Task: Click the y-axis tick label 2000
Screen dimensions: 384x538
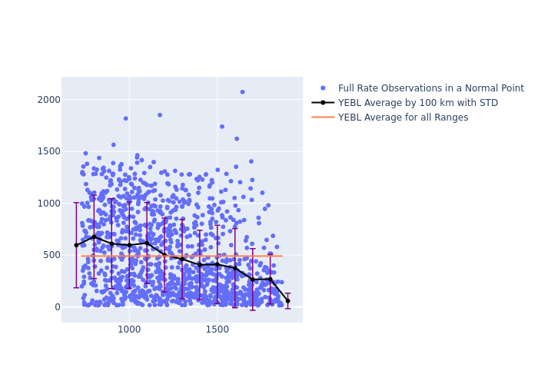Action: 42,99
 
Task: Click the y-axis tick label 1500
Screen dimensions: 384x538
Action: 42,151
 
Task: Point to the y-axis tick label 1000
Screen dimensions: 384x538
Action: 42,203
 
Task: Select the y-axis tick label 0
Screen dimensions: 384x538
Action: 54,307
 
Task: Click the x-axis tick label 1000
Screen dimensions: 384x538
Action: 129,330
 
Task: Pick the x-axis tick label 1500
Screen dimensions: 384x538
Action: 218,330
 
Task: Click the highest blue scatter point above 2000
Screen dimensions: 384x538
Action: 242,92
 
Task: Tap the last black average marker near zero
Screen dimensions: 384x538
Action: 287,301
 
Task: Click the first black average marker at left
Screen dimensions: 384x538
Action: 76,245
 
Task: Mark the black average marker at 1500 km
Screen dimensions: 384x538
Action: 218,264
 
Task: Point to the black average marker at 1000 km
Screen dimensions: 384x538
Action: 129,245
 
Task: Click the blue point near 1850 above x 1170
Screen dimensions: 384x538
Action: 160,115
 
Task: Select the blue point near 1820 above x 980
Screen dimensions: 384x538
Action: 126,118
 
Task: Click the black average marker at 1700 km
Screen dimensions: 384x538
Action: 252,280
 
